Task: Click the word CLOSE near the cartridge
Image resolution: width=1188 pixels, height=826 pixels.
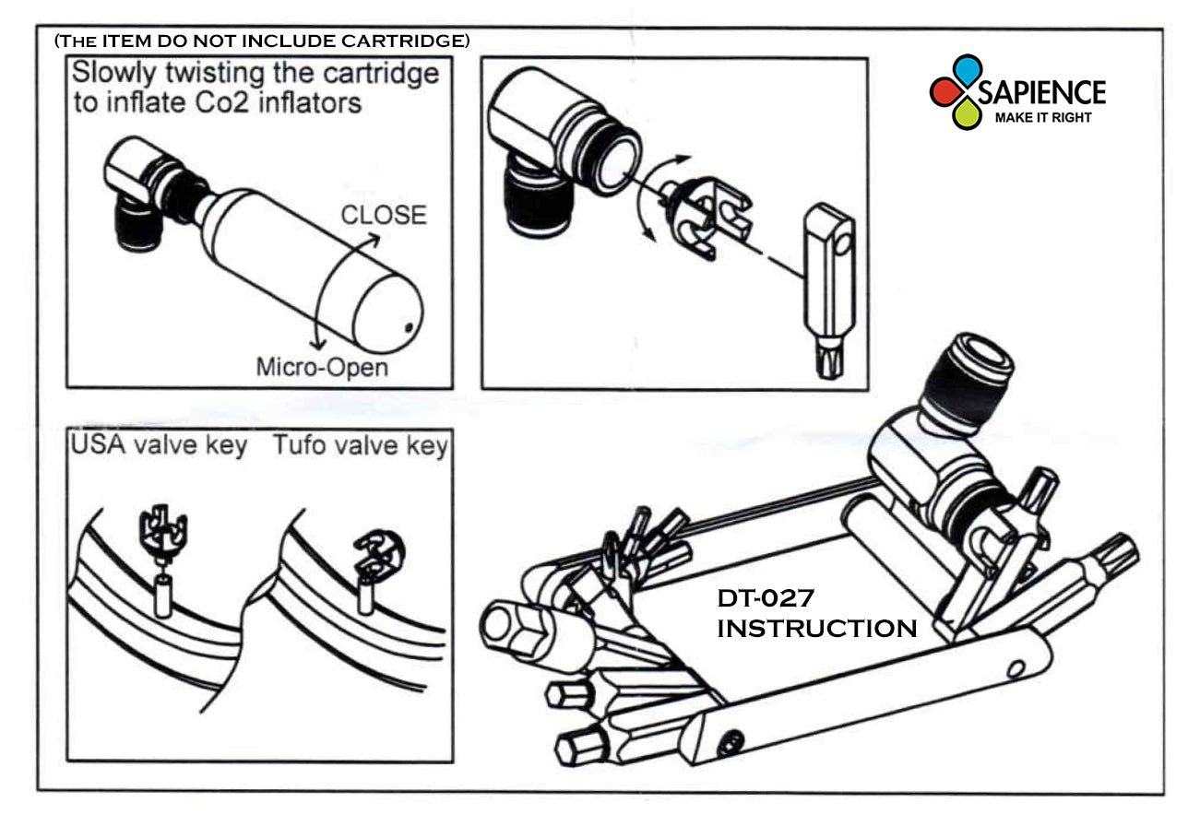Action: [x=384, y=215]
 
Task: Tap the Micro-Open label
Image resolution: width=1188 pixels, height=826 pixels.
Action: [x=322, y=367]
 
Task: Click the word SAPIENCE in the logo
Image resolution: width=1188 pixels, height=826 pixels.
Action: [x=1042, y=93]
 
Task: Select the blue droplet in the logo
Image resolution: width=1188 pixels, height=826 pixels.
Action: [x=968, y=69]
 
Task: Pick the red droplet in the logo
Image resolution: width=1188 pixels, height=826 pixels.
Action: [x=946, y=91]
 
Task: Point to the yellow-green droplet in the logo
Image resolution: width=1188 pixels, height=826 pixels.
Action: [x=967, y=114]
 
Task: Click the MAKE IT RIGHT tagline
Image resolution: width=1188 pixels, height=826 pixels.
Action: [x=1043, y=118]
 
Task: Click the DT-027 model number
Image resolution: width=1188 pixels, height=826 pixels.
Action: [x=766, y=598]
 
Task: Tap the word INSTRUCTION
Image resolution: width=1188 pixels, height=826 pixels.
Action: [x=817, y=629]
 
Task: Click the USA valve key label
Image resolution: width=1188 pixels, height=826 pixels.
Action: [x=159, y=445]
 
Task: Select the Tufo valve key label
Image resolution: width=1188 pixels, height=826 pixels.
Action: [x=361, y=445]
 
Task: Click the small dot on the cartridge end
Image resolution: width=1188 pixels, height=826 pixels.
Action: [x=409, y=327]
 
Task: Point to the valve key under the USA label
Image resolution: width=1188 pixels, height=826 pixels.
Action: [x=162, y=532]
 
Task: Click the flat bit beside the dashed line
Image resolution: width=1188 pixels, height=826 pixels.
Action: [x=829, y=290]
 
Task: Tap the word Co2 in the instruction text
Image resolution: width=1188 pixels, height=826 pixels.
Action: [x=222, y=102]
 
